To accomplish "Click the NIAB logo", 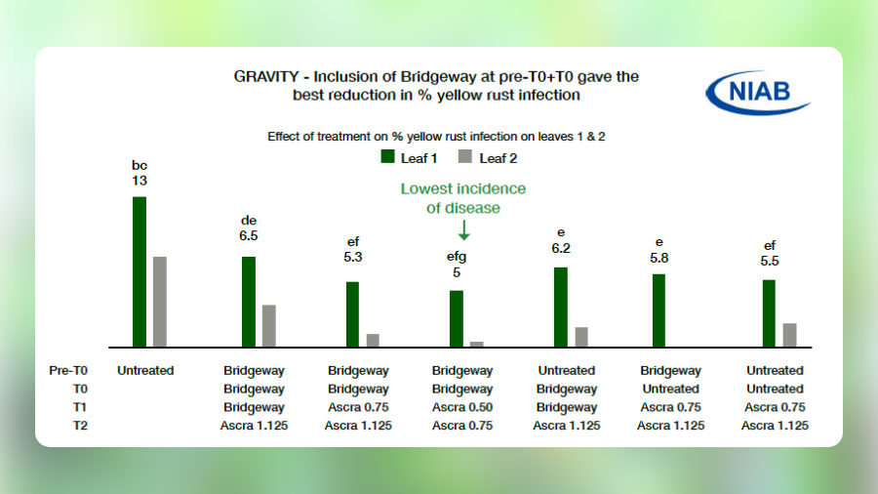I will (757, 94).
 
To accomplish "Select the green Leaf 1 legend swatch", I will (386, 156).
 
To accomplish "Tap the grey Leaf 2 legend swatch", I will (464, 156).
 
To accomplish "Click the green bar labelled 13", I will (140, 271).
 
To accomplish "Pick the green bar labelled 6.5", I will (249, 301).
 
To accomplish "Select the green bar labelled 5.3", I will (352, 313).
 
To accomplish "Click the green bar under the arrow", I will (457, 317).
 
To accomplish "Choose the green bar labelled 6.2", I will (561, 307).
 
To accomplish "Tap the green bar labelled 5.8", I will (658, 309).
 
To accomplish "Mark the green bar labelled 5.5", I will (769, 312).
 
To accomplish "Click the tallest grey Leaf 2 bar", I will (160, 301).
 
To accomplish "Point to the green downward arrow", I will (463, 230).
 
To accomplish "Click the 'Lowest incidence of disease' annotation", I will (463, 198).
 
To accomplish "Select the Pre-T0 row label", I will (68, 371).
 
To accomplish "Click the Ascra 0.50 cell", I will (462, 407).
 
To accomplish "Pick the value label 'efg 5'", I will (457, 265).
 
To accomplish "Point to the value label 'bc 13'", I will (140, 173).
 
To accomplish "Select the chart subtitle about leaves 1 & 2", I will (437, 137).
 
